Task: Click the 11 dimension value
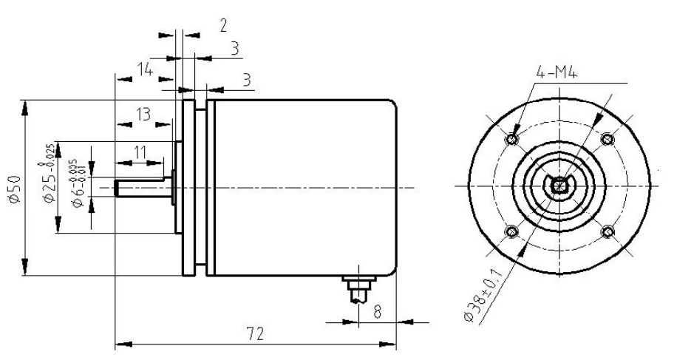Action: click(x=140, y=152)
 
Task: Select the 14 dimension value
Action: click(x=146, y=72)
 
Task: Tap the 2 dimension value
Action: click(x=222, y=25)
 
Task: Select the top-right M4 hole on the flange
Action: click(x=607, y=139)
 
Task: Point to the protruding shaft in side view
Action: click(x=144, y=188)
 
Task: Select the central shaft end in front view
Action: click(x=560, y=186)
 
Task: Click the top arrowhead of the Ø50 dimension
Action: click(x=26, y=107)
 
